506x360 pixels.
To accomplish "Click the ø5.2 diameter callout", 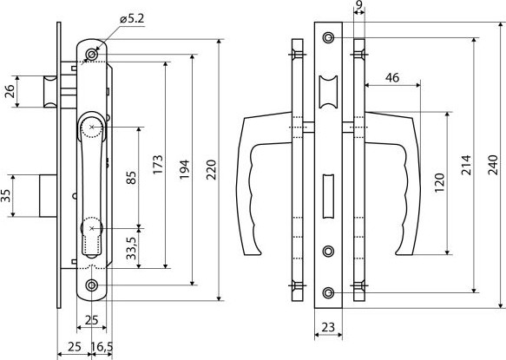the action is (x=132, y=19).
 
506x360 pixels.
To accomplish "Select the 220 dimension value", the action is (x=211, y=170).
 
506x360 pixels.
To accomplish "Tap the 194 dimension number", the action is (x=184, y=170).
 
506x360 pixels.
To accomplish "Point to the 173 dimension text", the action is (x=158, y=165).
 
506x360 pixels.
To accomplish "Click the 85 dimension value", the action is (x=131, y=178).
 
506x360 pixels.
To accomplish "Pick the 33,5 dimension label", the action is (x=131, y=248).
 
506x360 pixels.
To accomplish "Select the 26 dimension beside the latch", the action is (x=10, y=91).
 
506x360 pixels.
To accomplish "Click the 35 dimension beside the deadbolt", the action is (x=5, y=196).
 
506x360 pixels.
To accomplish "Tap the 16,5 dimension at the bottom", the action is (x=102, y=347).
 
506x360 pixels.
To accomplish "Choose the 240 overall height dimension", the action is (x=493, y=165).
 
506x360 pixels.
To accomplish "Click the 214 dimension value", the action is (x=466, y=165).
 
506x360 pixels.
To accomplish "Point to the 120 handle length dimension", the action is (x=439, y=183).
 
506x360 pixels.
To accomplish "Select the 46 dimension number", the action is (x=392, y=78).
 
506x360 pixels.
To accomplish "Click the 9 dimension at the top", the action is (x=358, y=4).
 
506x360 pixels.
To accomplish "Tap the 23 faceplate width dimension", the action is (x=328, y=327).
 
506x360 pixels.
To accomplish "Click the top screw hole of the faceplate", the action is (x=329, y=38).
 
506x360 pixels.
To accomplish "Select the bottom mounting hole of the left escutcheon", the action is (x=92, y=285).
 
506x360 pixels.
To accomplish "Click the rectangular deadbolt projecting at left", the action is (x=49, y=196).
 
